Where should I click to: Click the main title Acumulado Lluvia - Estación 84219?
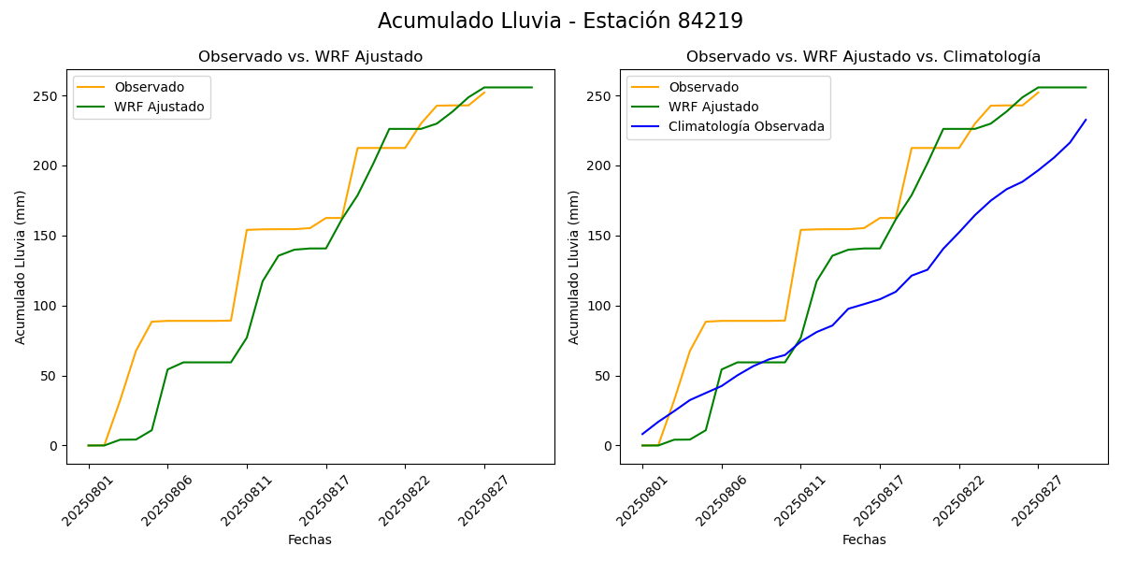[x=560, y=21]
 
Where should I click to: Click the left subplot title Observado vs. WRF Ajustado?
[x=310, y=57]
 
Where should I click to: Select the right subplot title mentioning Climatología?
[x=863, y=57]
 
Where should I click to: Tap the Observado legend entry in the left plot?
[x=149, y=87]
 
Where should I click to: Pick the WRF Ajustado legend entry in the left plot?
[x=159, y=107]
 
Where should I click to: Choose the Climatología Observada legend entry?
[x=746, y=127]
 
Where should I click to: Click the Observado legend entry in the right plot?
[x=703, y=87]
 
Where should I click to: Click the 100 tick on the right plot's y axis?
[x=602, y=306]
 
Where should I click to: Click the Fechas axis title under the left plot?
[x=309, y=539]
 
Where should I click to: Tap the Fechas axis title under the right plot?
[x=864, y=539]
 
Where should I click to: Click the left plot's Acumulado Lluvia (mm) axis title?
[x=21, y=266]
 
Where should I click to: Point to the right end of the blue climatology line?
[x=1086, y=120]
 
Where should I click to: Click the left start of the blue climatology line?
[x=642, y=434]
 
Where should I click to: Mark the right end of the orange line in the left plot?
[x=484, y=92]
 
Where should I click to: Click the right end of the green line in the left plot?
[x=532, y=88]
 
